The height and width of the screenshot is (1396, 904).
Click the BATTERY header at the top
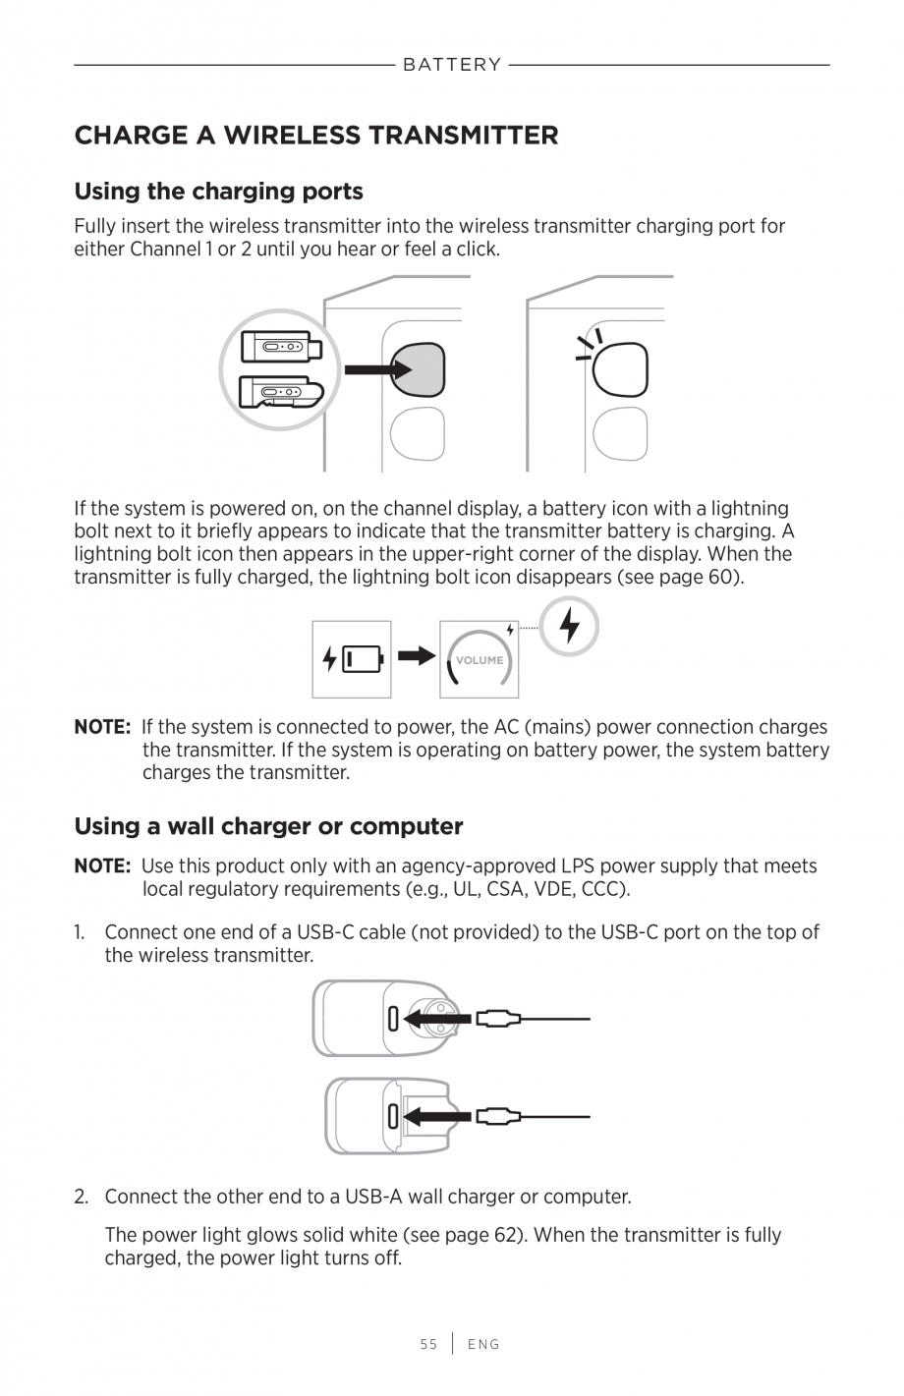point(451,65)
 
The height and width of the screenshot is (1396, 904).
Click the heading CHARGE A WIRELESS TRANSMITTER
point(316,135)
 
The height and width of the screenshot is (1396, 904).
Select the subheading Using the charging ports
point(218,191)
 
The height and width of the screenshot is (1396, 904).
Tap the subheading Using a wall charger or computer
point(268,826)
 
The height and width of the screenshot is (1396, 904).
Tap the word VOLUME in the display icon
point(480,660)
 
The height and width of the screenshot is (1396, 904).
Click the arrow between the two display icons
point(417,656)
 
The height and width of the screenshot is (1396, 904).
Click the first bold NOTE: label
point(102,728)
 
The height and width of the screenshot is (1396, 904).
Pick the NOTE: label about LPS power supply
point(102,866)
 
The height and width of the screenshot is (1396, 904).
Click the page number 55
point(428,1344)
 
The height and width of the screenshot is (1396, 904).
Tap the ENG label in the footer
point(483,1344)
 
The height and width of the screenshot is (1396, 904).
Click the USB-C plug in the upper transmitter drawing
point(498,1020)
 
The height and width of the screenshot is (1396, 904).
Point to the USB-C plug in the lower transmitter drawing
point(498,1117)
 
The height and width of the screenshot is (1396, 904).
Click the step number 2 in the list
point(82,1197)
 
